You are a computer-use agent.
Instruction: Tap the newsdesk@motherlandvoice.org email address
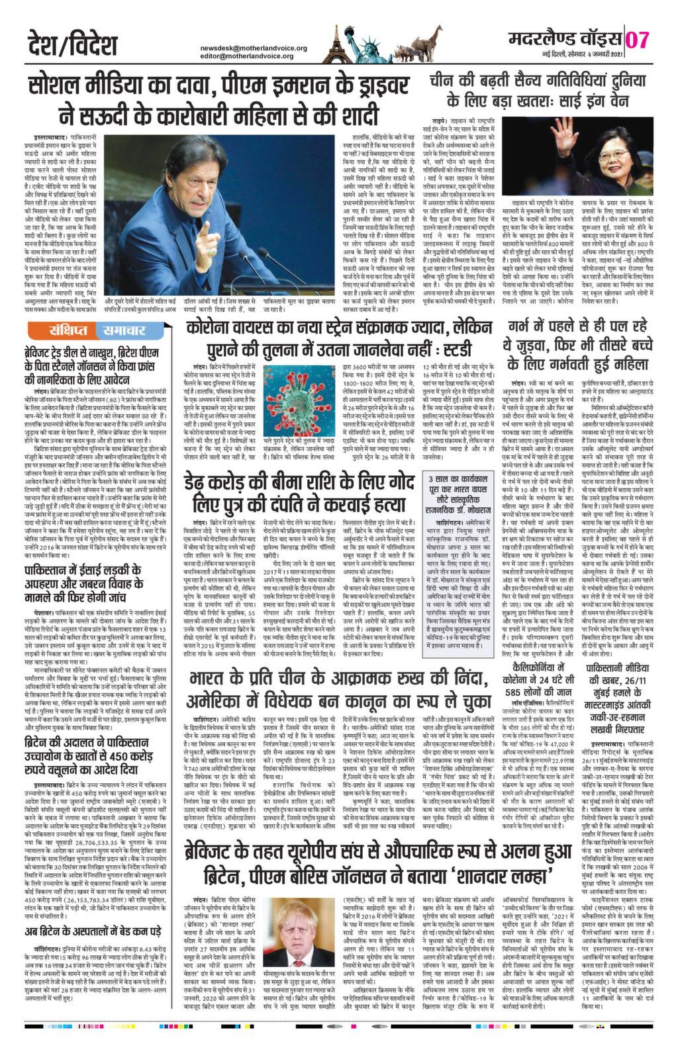[254, 48]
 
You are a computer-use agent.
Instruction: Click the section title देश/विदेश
[73, 45]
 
